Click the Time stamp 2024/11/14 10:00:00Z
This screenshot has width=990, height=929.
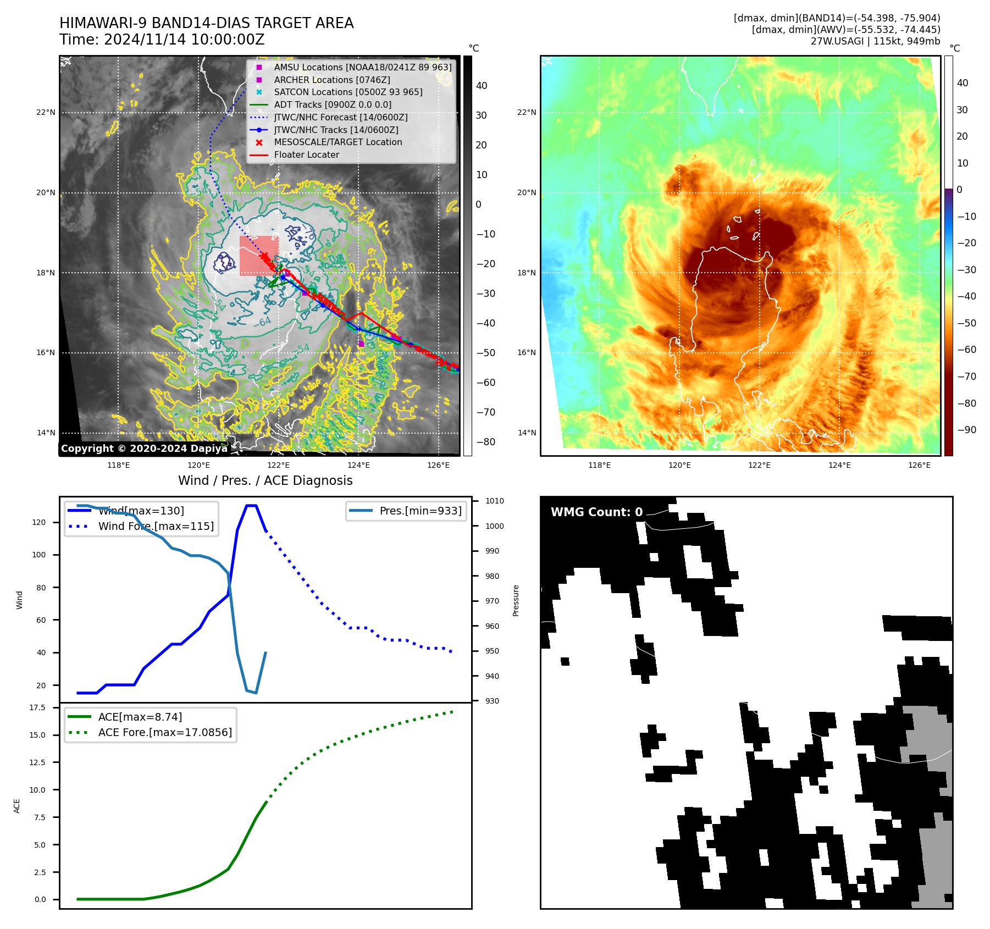point(162,40)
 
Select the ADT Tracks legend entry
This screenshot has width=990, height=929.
point(333,104)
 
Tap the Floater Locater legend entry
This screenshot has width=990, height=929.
point(306,155)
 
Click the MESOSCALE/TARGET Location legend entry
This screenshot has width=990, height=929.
point(338,142)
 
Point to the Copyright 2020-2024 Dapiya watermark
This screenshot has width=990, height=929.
point(144,449)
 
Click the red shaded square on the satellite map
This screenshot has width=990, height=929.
point(259,256)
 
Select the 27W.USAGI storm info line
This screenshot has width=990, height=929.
point(875,41)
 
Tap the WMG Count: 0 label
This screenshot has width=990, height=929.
point(596,512)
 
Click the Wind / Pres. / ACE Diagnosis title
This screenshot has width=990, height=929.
point(265,480)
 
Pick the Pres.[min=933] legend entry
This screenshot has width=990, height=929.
point(420,511)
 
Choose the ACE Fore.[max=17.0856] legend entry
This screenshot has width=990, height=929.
point(164,733)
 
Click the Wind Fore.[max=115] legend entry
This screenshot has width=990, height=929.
point(156,526)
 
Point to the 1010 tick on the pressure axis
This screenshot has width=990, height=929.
point(494,501)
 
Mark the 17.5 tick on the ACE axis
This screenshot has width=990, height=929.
point(37,707)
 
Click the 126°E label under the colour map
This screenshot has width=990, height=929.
point(919,465)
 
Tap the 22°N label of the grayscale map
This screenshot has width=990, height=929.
point(46,113)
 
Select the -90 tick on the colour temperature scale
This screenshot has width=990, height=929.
point(966,430)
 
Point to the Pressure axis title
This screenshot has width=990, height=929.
point(516,600)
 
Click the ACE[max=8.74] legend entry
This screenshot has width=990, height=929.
point(140,717)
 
